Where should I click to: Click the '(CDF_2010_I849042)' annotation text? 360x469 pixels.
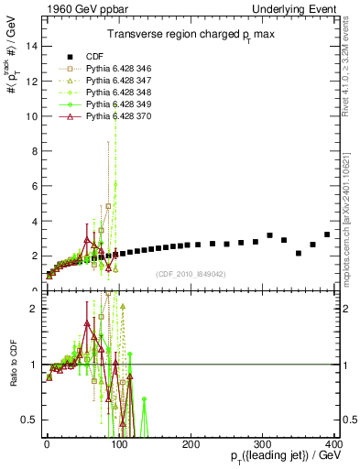[x=195, y=274]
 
